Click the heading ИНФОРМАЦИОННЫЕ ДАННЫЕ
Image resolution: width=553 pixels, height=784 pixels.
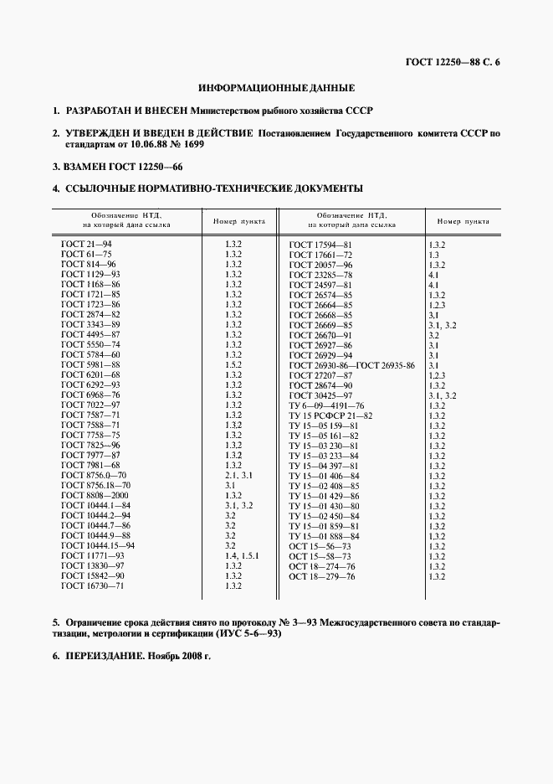(x=276, y=87)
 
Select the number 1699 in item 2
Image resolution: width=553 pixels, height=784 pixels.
(x=192, y=144)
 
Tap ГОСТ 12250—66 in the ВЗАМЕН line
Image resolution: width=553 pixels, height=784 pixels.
(x=127, y=167)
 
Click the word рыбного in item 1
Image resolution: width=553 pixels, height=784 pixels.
(x=260, y=111)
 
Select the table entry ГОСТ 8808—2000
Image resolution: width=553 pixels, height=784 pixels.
(x=91, y=495)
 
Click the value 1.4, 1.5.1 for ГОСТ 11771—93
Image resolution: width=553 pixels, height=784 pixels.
(x=242, y=555)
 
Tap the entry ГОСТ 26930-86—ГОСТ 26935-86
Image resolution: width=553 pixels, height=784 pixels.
(x=351, y=364)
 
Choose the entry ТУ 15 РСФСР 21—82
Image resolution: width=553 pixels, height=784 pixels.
(x=330, y=415)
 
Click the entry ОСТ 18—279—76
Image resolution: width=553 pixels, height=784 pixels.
(x=322, y=575)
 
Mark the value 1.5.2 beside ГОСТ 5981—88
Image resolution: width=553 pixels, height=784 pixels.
(x=233, y=364)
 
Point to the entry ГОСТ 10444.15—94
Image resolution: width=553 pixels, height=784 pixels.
(x=98, y=545)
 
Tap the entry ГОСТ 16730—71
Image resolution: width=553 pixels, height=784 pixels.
(x=91, y=585)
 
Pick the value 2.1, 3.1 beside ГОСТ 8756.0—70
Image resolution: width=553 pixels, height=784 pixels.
(x=238, y=475)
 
